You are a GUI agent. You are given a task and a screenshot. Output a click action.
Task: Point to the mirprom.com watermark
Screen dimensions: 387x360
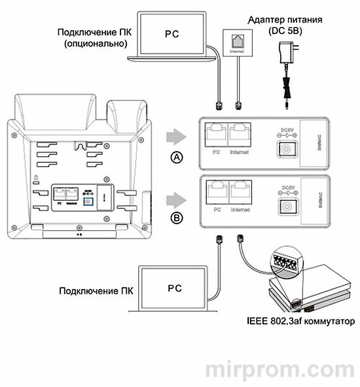point(281,369)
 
